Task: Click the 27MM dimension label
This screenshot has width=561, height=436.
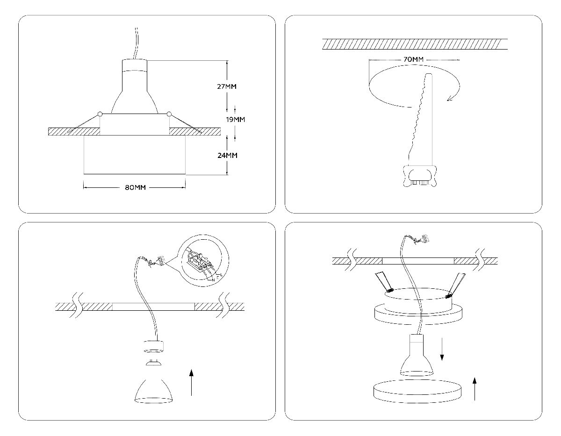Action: [227, 86]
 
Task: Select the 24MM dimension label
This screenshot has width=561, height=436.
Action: [227, 155]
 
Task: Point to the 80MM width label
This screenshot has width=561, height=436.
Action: [136, 187]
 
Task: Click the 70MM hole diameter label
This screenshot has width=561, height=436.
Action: [413, 60]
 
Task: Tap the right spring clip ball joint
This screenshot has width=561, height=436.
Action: [169, 113]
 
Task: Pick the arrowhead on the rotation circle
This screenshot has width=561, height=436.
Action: [450, 98]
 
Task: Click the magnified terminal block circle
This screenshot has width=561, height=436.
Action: [205, 264]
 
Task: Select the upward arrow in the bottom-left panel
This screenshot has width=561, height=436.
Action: [191, 381]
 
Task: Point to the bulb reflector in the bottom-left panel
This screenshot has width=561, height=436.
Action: [153, 388]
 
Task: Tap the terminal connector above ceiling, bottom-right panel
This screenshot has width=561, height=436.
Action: [424, 239]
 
